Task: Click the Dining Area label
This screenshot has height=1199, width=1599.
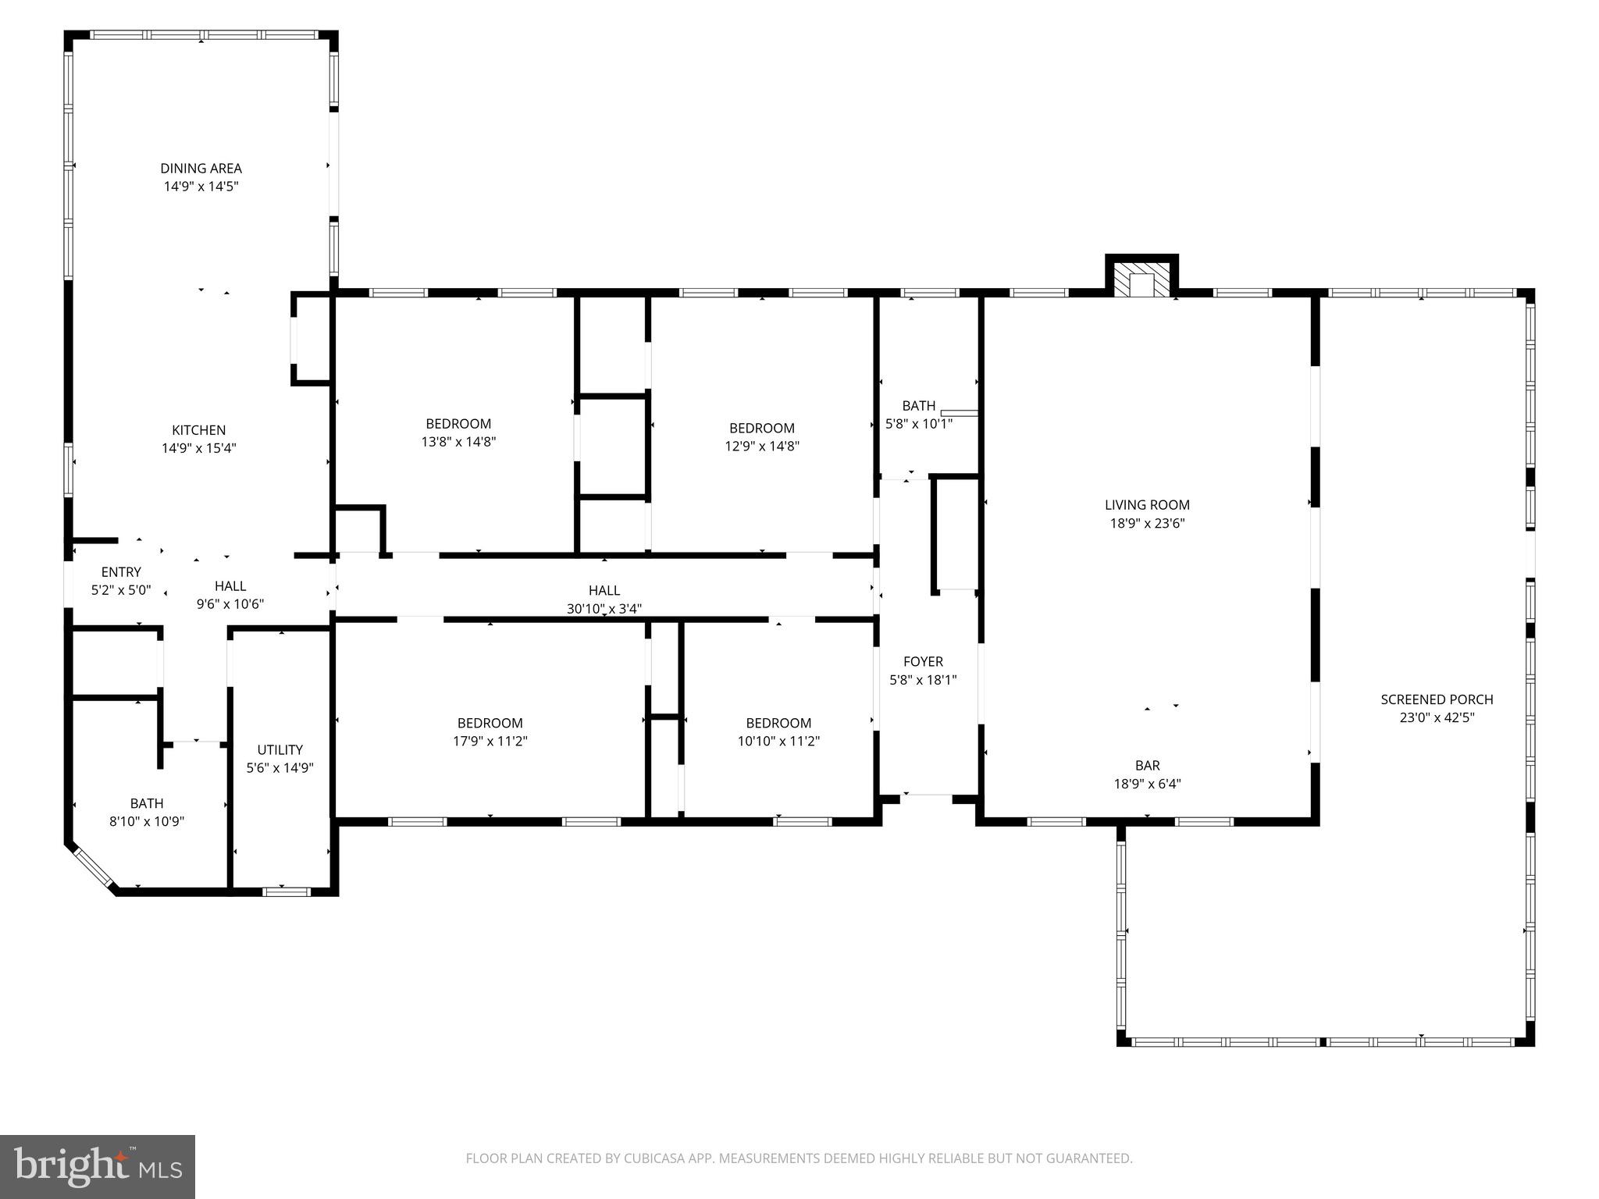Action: [201, 168]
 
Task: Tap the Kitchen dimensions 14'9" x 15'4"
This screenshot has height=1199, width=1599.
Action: [198, 448]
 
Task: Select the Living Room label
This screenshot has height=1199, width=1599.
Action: [1147, 505]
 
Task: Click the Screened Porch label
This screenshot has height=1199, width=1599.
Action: [1437, 699]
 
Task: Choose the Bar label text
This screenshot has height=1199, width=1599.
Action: [1147, 766]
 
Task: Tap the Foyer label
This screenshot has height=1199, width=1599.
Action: [923, 662]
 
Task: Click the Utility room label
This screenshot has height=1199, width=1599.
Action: [280, 750]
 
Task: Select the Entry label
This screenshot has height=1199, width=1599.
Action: [121, 572]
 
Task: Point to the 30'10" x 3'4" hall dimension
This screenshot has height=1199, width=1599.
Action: [604, 609]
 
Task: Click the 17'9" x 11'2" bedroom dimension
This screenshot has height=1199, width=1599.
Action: [490, 741]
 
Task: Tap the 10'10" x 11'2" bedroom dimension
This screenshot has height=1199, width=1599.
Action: [778, 741]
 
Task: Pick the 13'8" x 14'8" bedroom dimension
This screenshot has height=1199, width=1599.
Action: [458, 442]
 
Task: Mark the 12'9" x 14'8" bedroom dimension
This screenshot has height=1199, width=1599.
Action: [761, 447]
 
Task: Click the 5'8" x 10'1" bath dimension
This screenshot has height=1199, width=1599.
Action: [918, 424]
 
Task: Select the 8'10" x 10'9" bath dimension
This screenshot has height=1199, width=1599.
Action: [147, 821]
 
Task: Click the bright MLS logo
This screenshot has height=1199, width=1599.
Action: [98, 1167]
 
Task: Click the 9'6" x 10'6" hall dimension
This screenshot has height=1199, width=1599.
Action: [230, 604]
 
